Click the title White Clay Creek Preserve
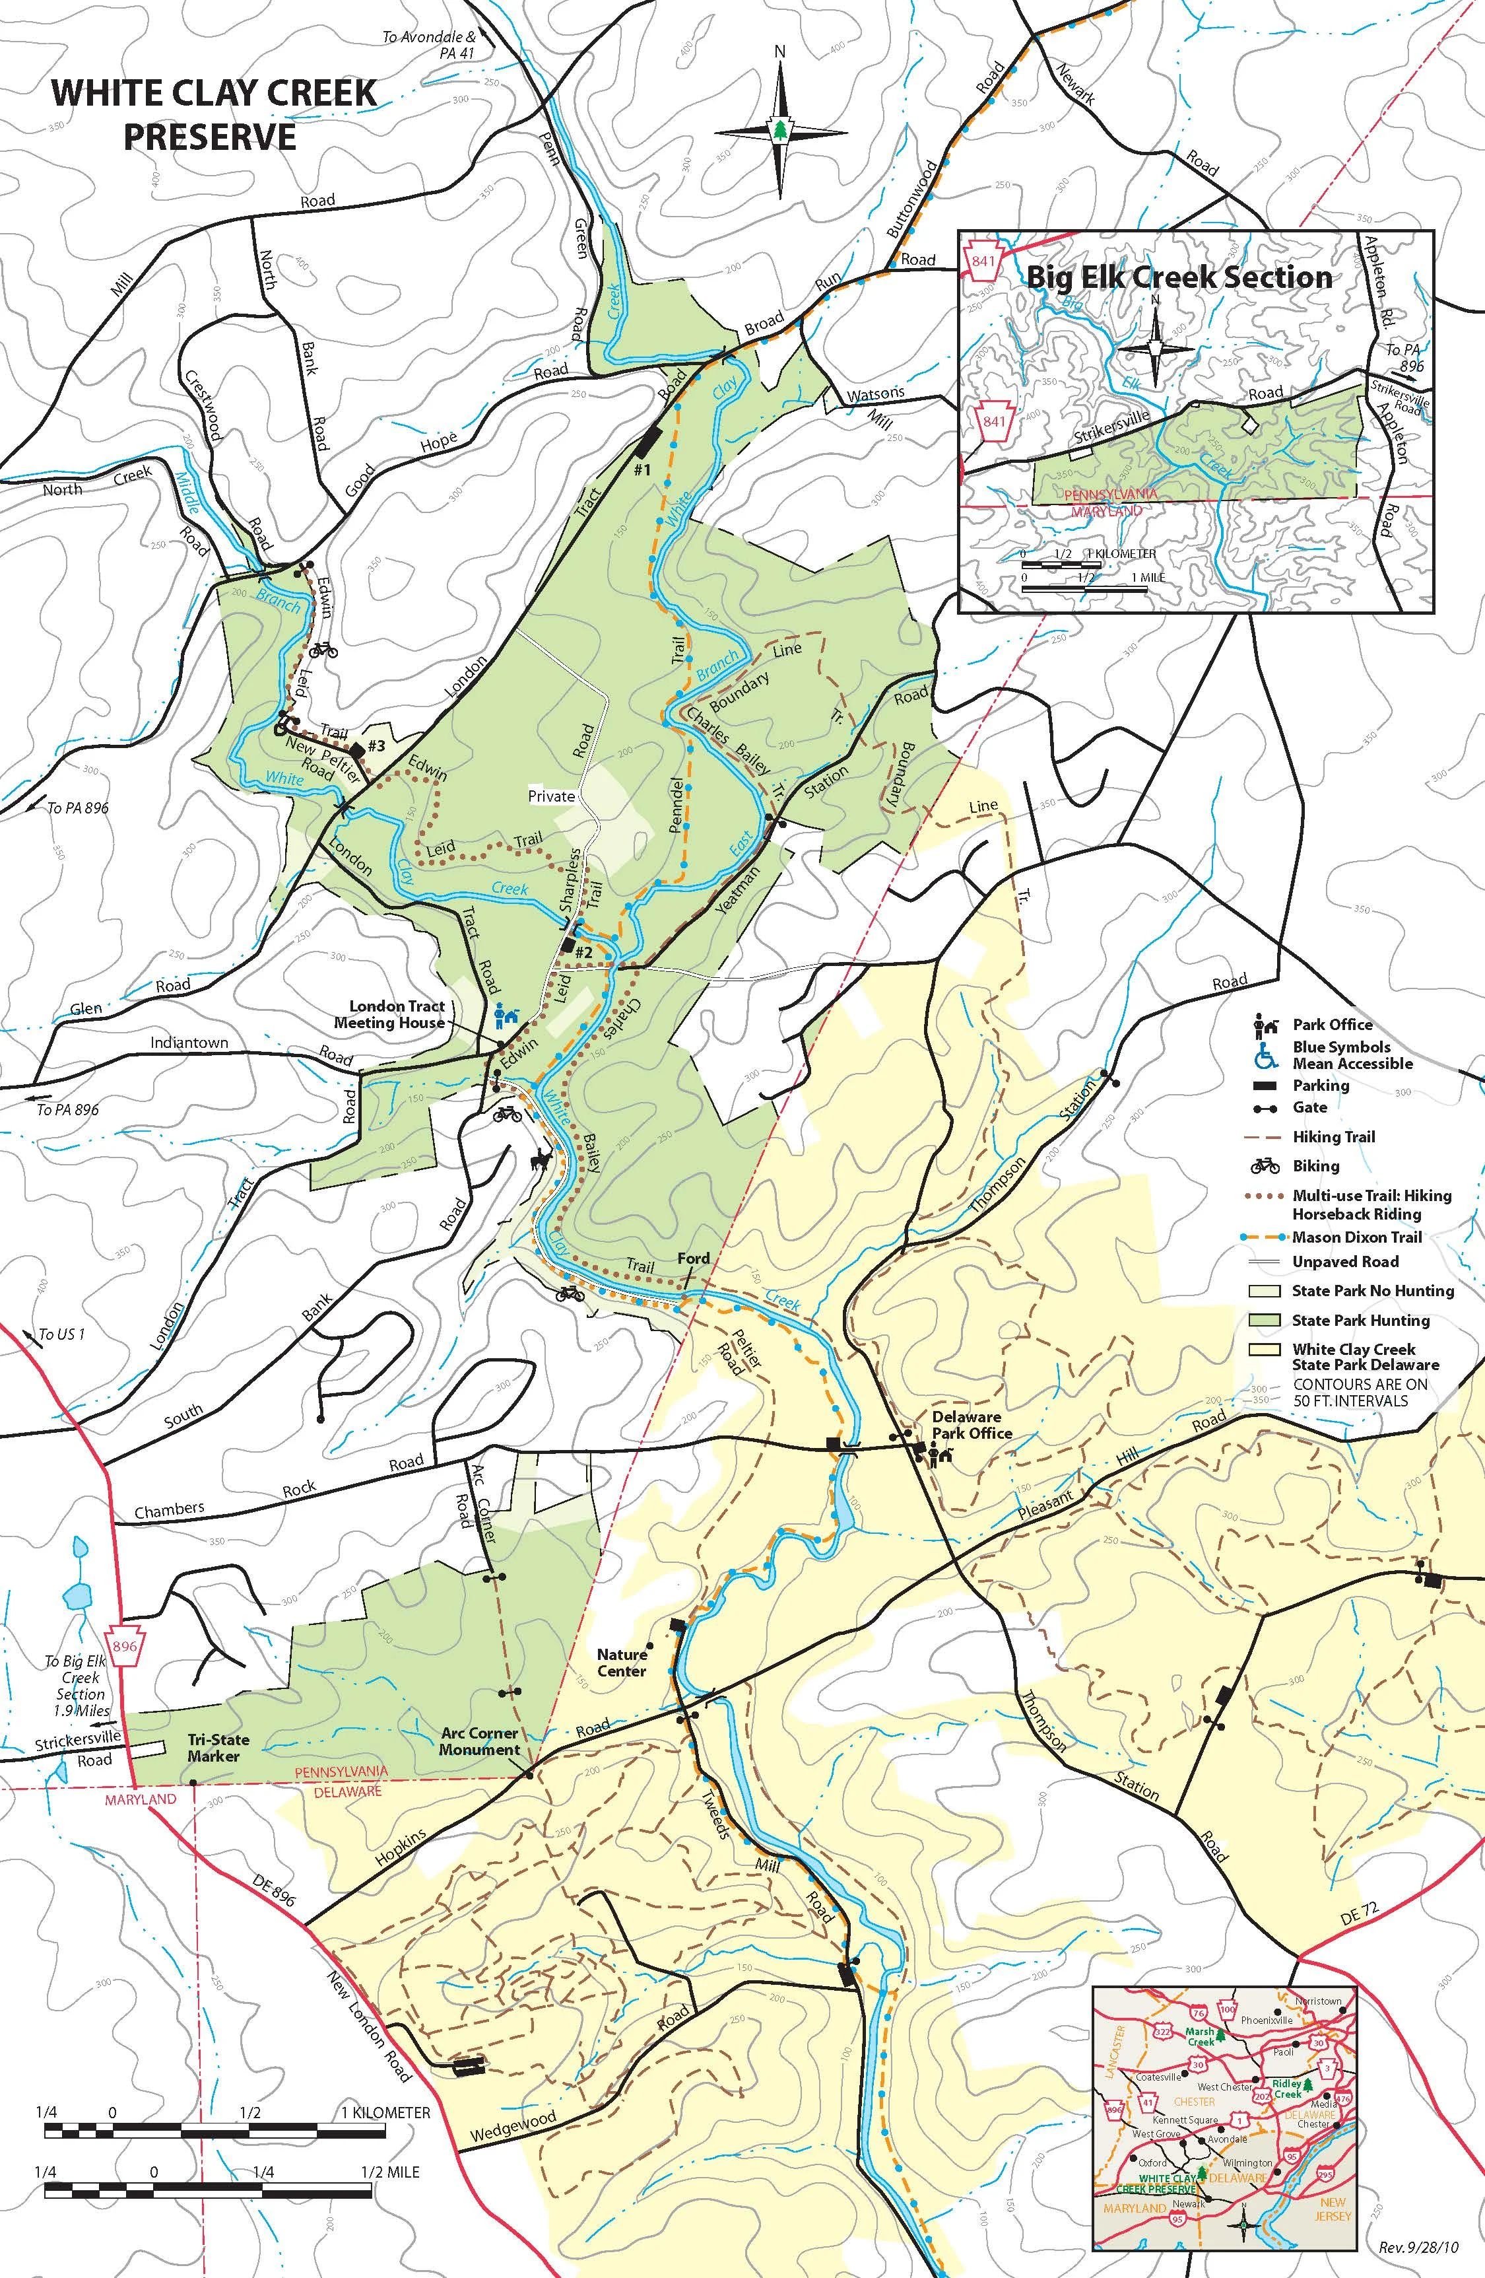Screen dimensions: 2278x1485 click(x=214, y=115)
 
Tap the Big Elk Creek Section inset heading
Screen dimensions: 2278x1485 click(x=1179, y=277)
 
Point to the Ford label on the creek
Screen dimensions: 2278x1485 click(x=693, y=1258)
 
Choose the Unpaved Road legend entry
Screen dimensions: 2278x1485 click(x=1344, y=1262)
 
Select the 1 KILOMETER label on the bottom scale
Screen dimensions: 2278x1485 click(x=385, y=2112)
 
